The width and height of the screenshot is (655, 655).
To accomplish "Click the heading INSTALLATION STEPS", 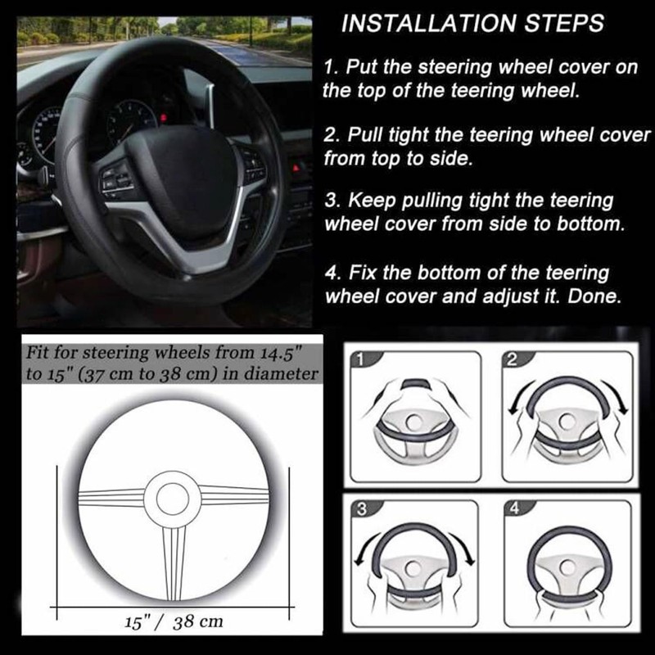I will point(472,22).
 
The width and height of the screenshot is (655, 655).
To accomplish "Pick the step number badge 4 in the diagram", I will point(515,508).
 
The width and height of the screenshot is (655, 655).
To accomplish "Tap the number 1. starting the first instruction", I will point(332,68).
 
